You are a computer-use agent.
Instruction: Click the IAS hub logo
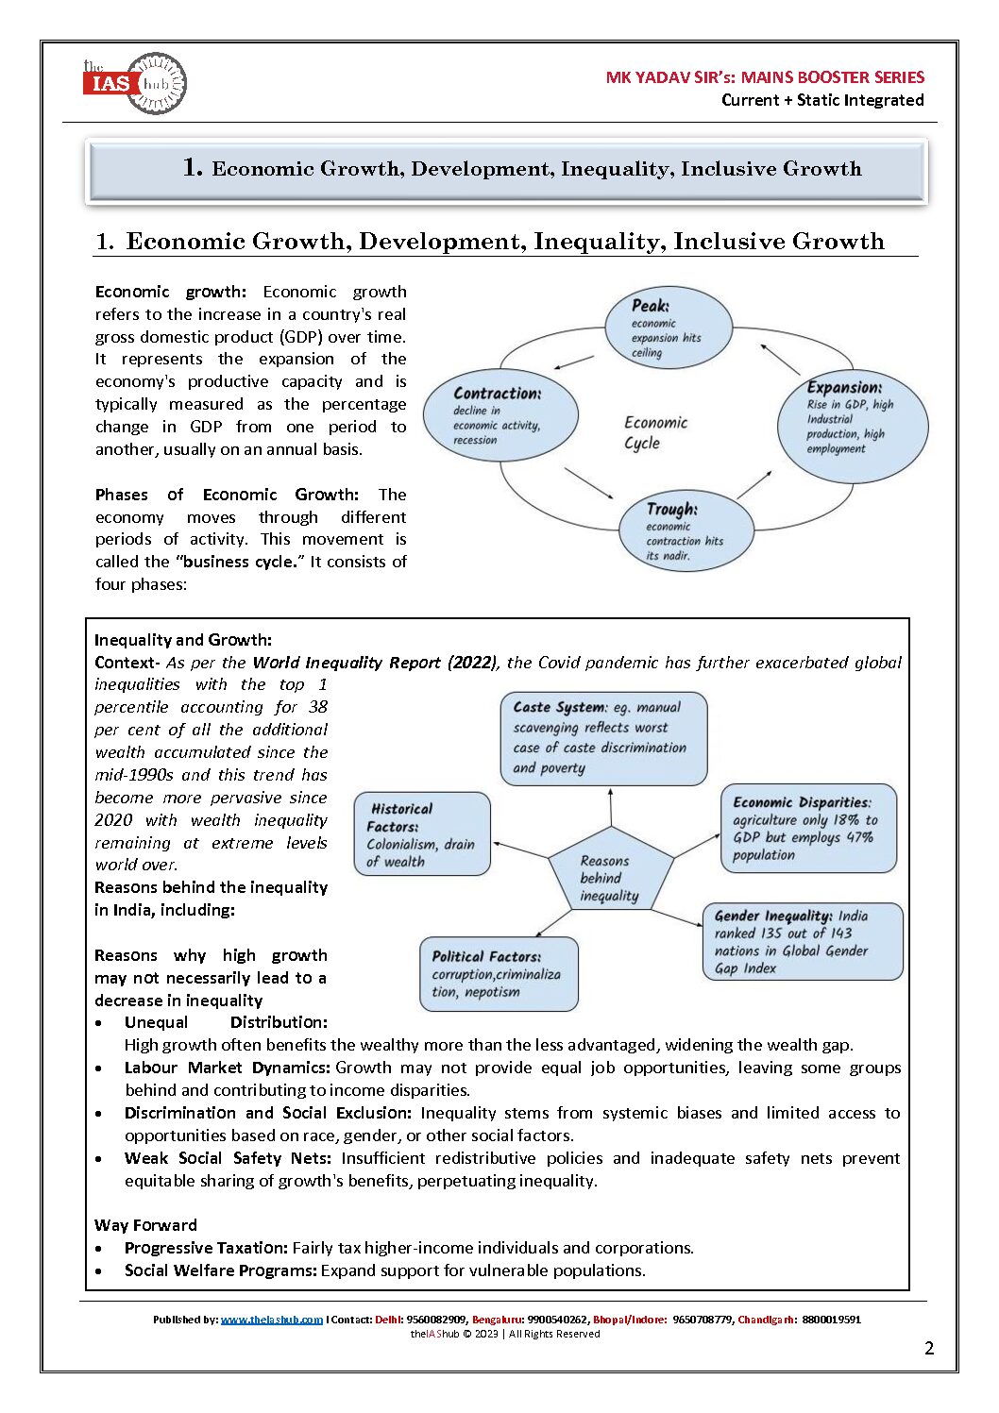point(135,84)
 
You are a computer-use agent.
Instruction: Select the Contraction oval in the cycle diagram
point(500,415)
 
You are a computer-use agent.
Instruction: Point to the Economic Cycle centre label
point(655,432)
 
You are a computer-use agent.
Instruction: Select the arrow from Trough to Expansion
point(753,483)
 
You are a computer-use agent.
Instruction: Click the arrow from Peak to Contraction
point(573,362)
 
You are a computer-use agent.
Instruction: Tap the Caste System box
point(603,738)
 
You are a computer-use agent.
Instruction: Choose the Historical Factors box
point(422,834)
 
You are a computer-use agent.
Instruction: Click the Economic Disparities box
point(808,828)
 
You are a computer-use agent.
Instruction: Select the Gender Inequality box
point(803,941)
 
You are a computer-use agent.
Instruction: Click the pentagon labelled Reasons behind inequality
point(611,874)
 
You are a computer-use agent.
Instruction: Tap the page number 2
point(929,1348)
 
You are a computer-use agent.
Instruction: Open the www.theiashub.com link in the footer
point(272,1320)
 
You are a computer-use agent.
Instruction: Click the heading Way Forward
point(145,1225)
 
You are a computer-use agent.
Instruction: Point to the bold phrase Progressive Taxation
point(206,1248)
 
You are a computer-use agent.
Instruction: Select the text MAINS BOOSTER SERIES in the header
point(833,77)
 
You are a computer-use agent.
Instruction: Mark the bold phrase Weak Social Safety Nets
point(228,1158)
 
